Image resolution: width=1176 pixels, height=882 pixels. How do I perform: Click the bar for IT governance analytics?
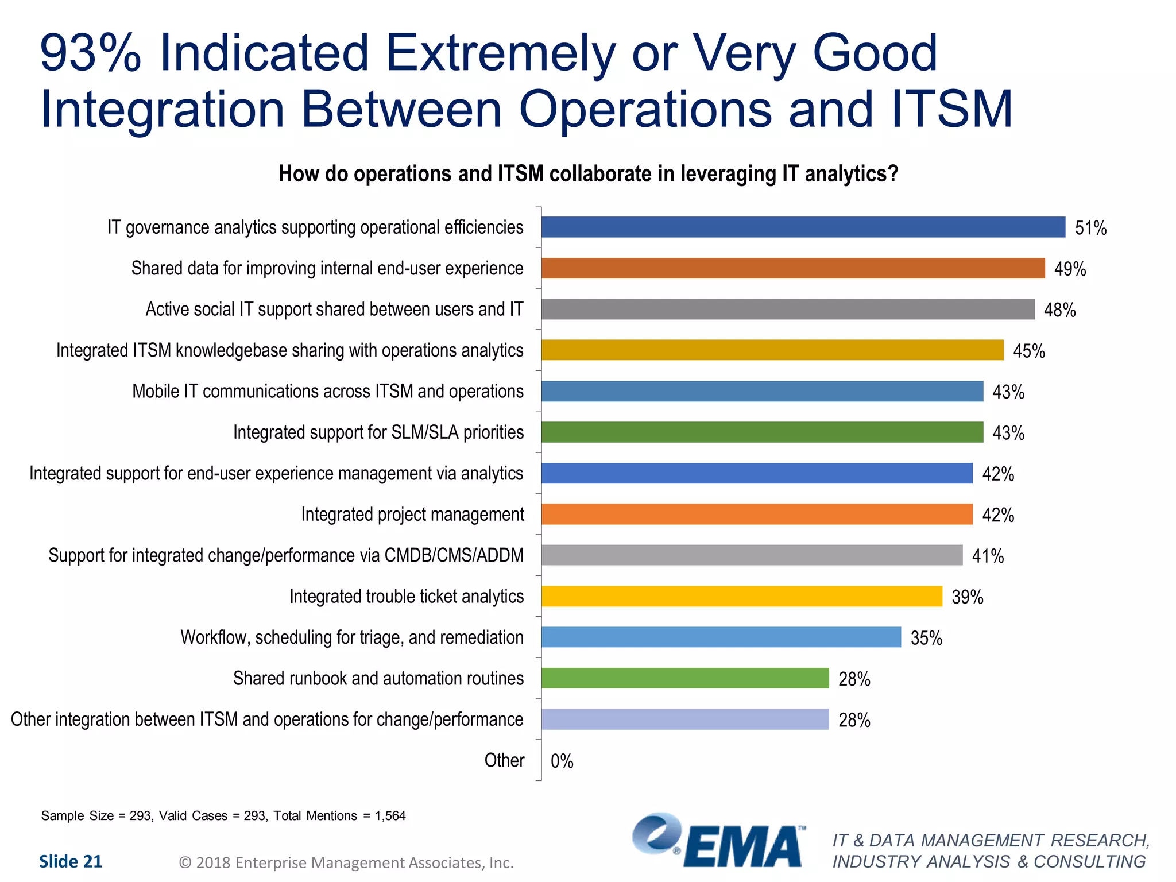point(803,227)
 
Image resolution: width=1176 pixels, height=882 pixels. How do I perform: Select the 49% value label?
point(1070,269)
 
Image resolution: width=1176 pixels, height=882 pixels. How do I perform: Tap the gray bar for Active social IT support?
point(787,310)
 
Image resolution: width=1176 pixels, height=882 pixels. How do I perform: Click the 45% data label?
point(1028,351)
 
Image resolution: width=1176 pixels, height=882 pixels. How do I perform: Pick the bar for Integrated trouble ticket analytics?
point(741,597)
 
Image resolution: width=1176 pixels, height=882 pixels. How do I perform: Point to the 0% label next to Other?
point(562,761)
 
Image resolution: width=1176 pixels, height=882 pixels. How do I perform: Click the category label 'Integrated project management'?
point(412,514)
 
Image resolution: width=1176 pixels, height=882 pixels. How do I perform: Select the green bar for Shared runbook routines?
point(685,678)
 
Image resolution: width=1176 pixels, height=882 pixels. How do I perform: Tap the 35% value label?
point(926,639)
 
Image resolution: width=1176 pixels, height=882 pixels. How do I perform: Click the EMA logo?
point(718,841)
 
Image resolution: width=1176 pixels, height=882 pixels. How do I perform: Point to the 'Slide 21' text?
point(70,862)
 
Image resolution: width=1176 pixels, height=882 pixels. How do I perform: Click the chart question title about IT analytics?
point(588,174)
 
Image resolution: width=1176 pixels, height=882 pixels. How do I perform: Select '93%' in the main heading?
point(90,53)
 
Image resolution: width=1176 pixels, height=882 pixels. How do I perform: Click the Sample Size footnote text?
point(223,816)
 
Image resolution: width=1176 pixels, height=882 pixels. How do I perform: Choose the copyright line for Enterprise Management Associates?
point(346,863)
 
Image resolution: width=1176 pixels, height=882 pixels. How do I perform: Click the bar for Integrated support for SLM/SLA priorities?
point(762,432)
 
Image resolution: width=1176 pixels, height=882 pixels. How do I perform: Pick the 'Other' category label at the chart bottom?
point(504,760)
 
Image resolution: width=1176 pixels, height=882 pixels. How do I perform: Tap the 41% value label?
point(988,556)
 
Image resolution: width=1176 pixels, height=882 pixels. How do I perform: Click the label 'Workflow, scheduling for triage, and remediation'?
point(352,637)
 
